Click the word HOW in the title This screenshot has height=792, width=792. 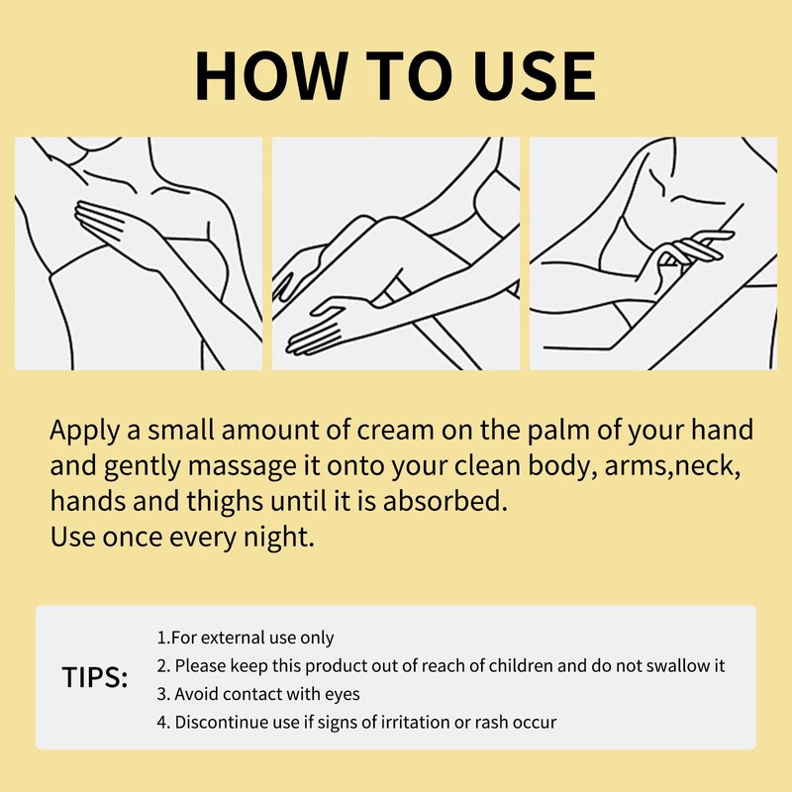271,76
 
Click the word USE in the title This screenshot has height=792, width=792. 536,76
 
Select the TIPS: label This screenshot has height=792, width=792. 95,677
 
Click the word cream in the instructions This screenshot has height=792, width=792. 395,431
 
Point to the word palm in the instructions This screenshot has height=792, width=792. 558,431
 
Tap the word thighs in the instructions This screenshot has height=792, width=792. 226,502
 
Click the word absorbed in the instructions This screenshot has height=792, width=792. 445,501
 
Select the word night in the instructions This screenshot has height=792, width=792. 279,538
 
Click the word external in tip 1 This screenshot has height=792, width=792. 227,638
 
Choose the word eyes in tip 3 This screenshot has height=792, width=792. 342,695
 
